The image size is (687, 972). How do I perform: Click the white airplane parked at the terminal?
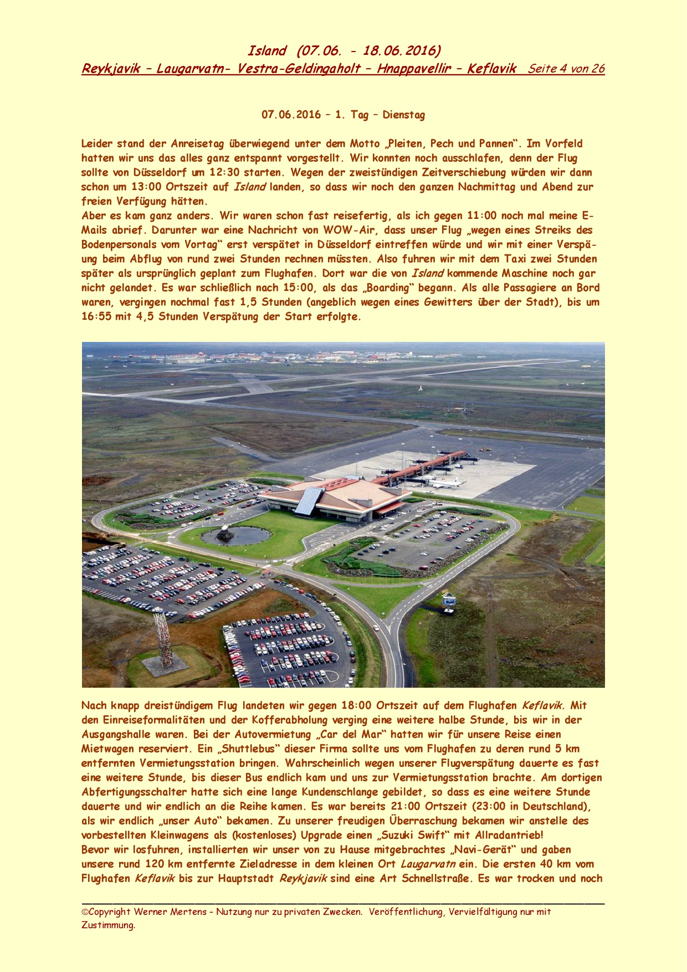click(448, 483)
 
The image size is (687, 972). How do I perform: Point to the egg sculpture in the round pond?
click(226, 533)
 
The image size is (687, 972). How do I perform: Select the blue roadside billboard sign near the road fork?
click(449, 599)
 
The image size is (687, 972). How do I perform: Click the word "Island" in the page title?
click(267, 51)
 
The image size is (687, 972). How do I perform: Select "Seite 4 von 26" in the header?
click(566, 69)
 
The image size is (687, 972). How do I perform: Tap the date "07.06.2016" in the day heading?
click(291, 115)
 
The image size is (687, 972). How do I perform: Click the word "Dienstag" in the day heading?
click(404, 115)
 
